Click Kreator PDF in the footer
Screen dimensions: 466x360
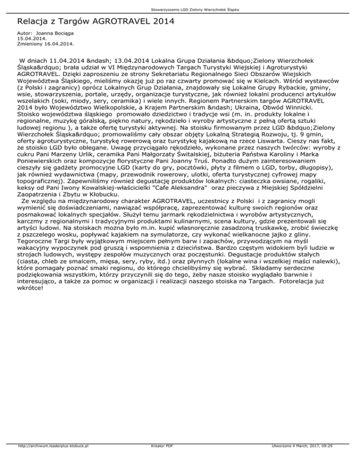[163, 459]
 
